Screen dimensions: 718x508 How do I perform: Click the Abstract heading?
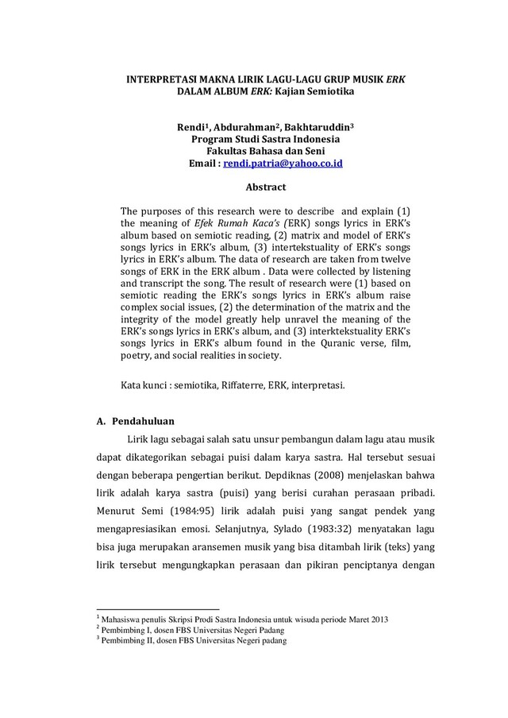pos(253,187)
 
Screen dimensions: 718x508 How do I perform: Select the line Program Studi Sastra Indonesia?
pos(253,139)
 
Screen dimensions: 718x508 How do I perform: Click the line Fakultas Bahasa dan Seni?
pos(253,150)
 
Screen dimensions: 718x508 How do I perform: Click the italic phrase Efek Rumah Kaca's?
pos(215,224)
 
